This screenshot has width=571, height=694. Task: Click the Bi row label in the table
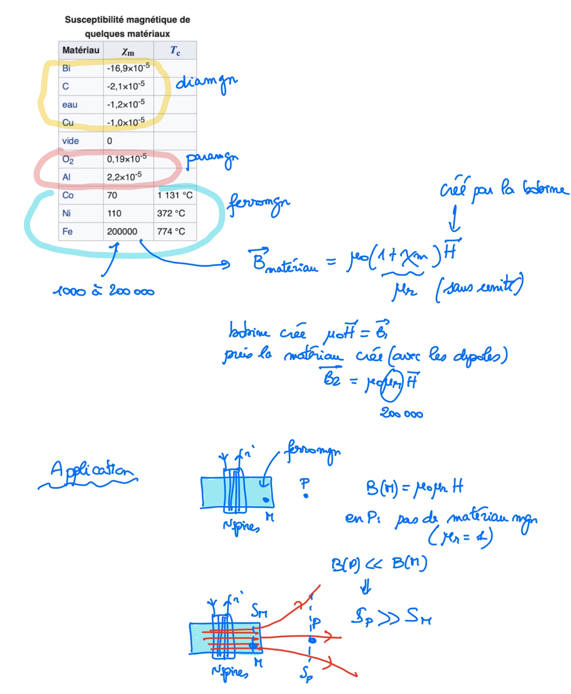click(66, 68)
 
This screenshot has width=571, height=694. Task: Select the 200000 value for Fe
click(122, 232)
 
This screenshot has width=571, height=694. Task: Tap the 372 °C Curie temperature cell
click(171, 214)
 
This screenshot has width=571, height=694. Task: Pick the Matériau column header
click(81, 50)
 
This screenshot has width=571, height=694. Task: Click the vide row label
click(70, 141)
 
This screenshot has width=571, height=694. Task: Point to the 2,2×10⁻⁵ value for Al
click(124, 177)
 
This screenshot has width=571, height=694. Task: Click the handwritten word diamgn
click(206, 83)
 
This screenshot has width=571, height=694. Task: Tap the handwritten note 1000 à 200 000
click(103, 290)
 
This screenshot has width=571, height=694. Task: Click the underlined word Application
click(91, 470)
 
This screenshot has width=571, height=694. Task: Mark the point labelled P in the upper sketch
click(306, 496)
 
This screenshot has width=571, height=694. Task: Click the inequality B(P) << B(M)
click(379, 564)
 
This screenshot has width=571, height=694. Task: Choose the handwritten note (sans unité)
click(479, 288)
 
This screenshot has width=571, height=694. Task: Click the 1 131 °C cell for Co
click(175, 195)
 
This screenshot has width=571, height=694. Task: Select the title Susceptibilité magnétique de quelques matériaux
click(127, 27)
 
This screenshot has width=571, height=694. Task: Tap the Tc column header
click(175, 50)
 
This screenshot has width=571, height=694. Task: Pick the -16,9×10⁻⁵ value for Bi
click(128, 68)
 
